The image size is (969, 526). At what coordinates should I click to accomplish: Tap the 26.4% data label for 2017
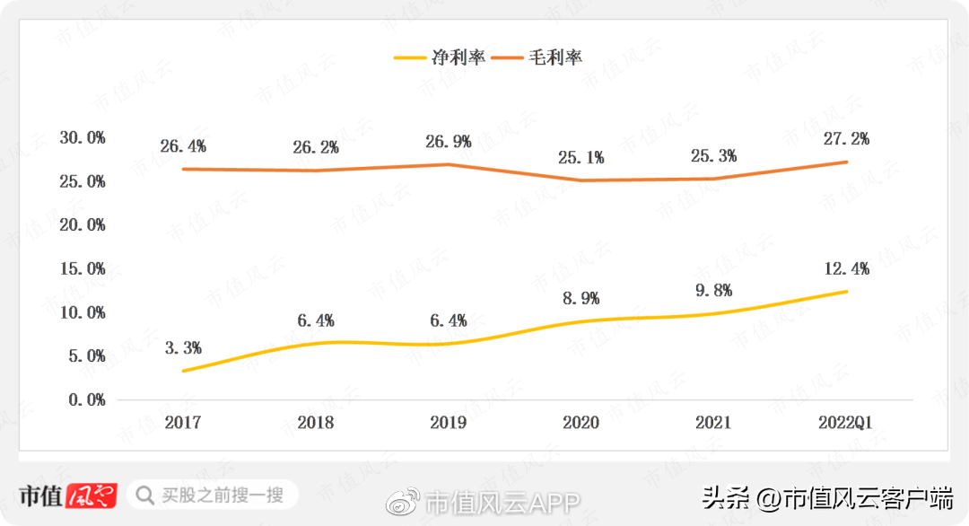pyautogui.click(x=183, y=145)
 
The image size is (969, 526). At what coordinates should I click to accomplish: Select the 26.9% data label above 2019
pyautogui.click(x=449, y=141)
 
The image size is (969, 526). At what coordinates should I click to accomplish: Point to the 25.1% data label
pyautogui.click(x=581, y=158)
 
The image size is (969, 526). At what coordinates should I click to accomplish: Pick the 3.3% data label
pyautogui.click(x=183, y=347)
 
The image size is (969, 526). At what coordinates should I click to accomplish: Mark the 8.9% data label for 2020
pyautogui.click(x=581, y=298)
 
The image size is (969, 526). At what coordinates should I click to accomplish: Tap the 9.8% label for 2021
pyautogui.click(x=714, y=290)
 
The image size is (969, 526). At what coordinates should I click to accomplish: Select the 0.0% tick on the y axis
pyautogui.click(x=86, y=399)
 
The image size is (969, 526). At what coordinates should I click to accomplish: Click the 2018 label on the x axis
pyautogui.click(x=316, y=422)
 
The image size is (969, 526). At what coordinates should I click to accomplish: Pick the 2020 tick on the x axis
pyautogui.click(x=581, y=422)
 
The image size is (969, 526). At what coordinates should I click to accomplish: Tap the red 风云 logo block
pyautogui.click(x=92, y=495)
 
